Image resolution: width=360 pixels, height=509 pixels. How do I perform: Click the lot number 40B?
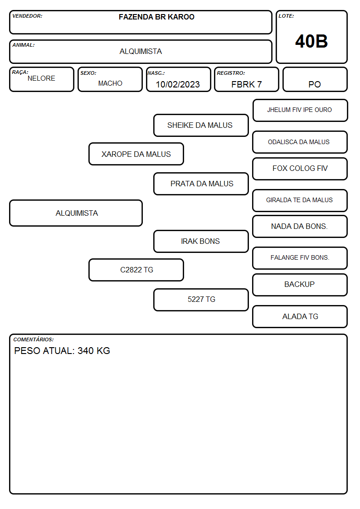pos(311,41)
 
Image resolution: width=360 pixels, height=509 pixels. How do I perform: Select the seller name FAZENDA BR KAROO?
pos(156,17)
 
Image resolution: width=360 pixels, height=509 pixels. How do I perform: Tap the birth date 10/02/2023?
pos(178,84)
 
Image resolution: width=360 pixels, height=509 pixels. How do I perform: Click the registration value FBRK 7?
pos(246,84)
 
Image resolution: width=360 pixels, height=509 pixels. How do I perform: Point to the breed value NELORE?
pos(41,78)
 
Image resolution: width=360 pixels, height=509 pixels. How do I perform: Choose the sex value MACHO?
pos(110,83)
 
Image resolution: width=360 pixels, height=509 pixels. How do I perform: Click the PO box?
pos(315,79)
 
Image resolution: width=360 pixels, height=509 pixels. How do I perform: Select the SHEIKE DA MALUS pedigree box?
pos(201,125)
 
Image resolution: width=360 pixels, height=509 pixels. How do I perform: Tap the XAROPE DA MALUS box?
pos(136,154)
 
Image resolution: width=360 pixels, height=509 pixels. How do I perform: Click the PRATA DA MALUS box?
pos(201,184)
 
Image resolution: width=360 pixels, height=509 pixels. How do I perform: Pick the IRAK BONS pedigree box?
pos(201,241)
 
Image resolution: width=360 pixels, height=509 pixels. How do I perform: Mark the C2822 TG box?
pos(136,270)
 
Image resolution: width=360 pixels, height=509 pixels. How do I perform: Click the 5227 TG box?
pos(201,300)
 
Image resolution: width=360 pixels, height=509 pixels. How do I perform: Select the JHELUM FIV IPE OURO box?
pos(300,111)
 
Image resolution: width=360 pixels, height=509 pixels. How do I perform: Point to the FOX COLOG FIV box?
pos(300,169)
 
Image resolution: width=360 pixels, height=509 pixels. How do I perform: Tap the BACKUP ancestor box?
pos(300,285)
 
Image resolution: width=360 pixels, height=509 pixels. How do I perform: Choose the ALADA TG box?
pos(300,316)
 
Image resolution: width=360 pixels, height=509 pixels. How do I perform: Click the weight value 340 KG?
pos(94,350)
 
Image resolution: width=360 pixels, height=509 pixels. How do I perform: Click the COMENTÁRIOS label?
pos(34,339)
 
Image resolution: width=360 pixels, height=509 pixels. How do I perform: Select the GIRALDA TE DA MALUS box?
pos(300,200)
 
